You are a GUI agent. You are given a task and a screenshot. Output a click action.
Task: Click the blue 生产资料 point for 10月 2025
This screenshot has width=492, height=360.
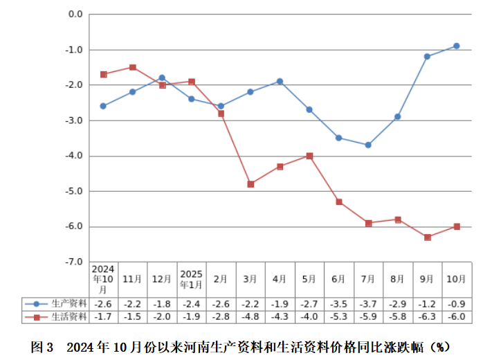pos(457,46)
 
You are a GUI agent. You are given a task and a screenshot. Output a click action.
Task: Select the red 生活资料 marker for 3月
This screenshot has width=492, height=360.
pos(250,184)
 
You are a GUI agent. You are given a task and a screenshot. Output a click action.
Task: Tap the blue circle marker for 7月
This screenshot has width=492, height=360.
pos(368,145)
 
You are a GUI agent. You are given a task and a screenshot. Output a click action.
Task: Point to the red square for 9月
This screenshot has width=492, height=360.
pos(428,237)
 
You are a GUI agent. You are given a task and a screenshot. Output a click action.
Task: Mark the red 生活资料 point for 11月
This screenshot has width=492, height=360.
pos(132,67)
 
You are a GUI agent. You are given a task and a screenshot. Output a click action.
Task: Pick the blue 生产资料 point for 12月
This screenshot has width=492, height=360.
pos(162,78)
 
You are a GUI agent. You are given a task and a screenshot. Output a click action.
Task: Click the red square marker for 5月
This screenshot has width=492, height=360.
pos(309,156)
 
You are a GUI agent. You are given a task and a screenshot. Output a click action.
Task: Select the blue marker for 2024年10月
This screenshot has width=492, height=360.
pos(103,106)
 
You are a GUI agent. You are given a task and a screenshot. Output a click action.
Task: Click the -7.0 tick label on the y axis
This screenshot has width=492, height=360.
pos(74,262)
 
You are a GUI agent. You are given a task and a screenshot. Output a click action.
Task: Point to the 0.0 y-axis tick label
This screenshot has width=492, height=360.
pos(75,15)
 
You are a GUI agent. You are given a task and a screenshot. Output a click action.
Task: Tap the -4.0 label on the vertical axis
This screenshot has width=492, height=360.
pos(74,156)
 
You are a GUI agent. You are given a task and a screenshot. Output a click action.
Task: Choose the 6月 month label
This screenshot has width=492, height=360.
pos(338,279)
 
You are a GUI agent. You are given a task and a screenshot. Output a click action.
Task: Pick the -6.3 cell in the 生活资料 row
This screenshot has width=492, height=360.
pos(427,316)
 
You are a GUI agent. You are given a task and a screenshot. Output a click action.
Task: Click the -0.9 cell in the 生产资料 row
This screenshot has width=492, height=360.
pos(457,303)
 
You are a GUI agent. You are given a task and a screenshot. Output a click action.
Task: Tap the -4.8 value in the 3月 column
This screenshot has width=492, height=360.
pos(250,316)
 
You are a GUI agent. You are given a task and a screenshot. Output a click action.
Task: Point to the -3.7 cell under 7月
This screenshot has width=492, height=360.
pos(368,303)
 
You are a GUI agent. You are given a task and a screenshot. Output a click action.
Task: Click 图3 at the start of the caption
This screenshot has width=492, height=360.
pos(42,345)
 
